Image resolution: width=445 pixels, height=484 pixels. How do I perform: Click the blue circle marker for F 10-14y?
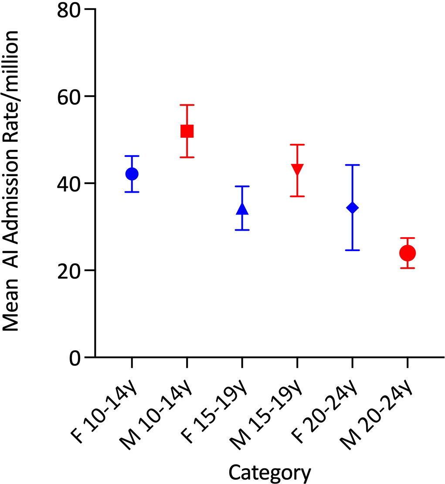[x=132, y=174]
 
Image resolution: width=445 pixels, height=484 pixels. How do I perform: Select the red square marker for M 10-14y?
[x=187, y=131]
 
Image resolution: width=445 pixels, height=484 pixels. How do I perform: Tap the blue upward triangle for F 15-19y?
[x=242, y=209]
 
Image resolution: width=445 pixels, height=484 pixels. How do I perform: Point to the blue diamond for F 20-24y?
[x=352, y=208]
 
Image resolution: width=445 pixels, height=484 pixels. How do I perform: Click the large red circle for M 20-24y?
[x=408, y=252]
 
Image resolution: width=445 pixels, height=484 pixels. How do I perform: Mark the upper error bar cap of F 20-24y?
[x=352, y=165]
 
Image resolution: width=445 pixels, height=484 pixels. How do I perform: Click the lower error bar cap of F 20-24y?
[x=352, y=250]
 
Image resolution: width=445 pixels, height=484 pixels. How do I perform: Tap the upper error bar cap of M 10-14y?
[x=187, y=105]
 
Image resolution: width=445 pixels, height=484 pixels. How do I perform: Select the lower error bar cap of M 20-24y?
[x=408, y=268]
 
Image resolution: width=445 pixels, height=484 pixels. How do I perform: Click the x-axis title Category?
[x=270, y=472]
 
